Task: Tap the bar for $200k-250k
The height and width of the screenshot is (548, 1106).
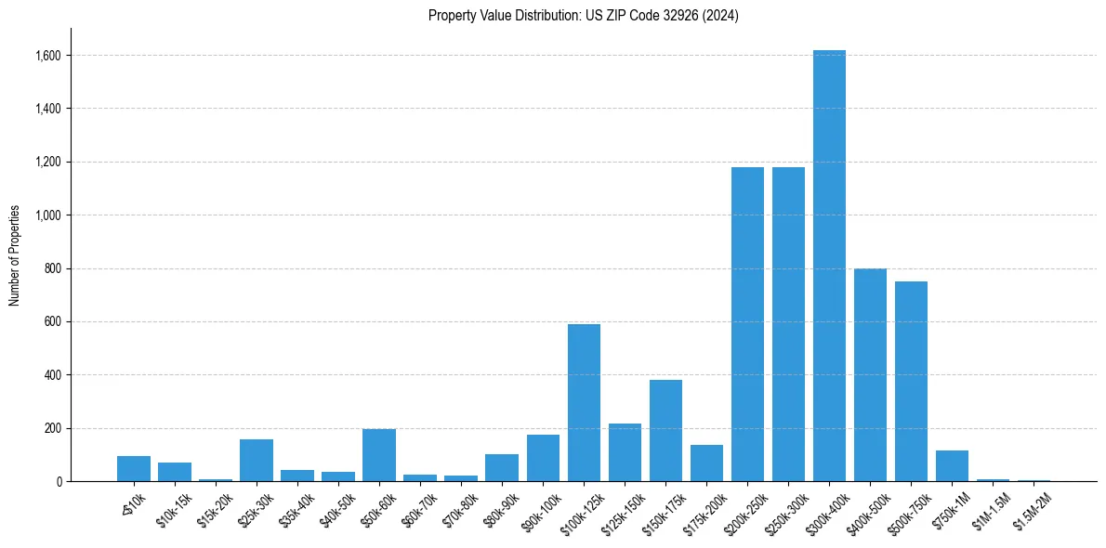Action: tap(747, 324)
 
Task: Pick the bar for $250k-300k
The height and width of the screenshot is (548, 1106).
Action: tap(788, 324)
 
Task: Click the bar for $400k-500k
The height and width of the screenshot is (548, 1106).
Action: tap(870, 375)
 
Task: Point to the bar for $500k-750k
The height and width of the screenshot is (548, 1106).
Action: tap(911, 381)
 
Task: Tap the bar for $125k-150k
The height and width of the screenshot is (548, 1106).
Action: tap(625, 452)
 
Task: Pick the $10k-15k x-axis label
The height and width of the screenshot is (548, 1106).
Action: tap(173, 507)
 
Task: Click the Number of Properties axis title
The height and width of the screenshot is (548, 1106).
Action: tap(15, 255)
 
